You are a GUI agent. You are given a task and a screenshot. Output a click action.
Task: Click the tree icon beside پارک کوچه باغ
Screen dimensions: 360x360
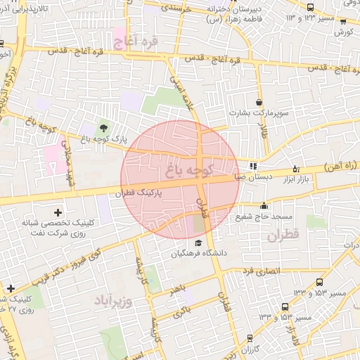coord(104,127)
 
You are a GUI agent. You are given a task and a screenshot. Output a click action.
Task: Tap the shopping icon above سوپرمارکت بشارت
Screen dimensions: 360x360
coord(259,103)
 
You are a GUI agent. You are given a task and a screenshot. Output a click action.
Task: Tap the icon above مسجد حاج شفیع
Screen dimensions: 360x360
coord(264,206)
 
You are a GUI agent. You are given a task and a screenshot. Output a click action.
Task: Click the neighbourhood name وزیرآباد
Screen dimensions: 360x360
coord(112,300)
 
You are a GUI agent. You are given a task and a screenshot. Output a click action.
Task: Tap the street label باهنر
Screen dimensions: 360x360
coord(176,289)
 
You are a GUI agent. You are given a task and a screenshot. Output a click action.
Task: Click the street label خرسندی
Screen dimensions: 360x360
coord(176,8)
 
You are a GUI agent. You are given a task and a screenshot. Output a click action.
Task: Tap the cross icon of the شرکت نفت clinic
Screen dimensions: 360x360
coord(58,212)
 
